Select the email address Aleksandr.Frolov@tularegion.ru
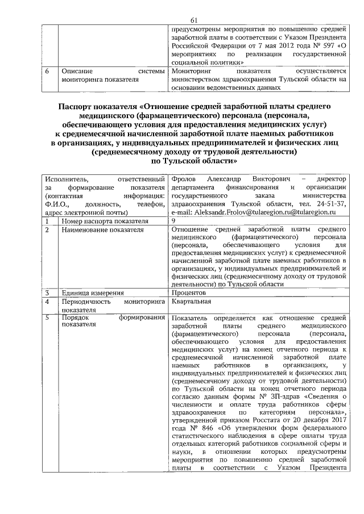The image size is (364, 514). (x=243, y=211)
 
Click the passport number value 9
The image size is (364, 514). (x=173, y=220)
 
